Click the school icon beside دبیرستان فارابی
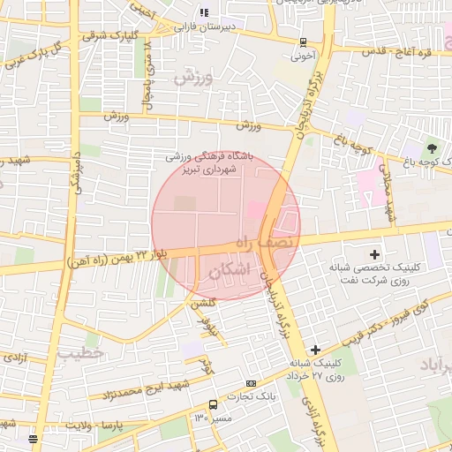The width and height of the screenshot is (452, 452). (204, 12)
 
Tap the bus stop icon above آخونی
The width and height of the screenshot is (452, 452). (304, 41)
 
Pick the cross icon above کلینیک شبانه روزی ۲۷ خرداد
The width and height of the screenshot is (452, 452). (315, 350)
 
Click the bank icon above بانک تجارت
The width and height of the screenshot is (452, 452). (252, 384)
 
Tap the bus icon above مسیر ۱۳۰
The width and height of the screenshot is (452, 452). (213, 404)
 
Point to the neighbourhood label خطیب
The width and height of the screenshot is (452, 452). (82, 353)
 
